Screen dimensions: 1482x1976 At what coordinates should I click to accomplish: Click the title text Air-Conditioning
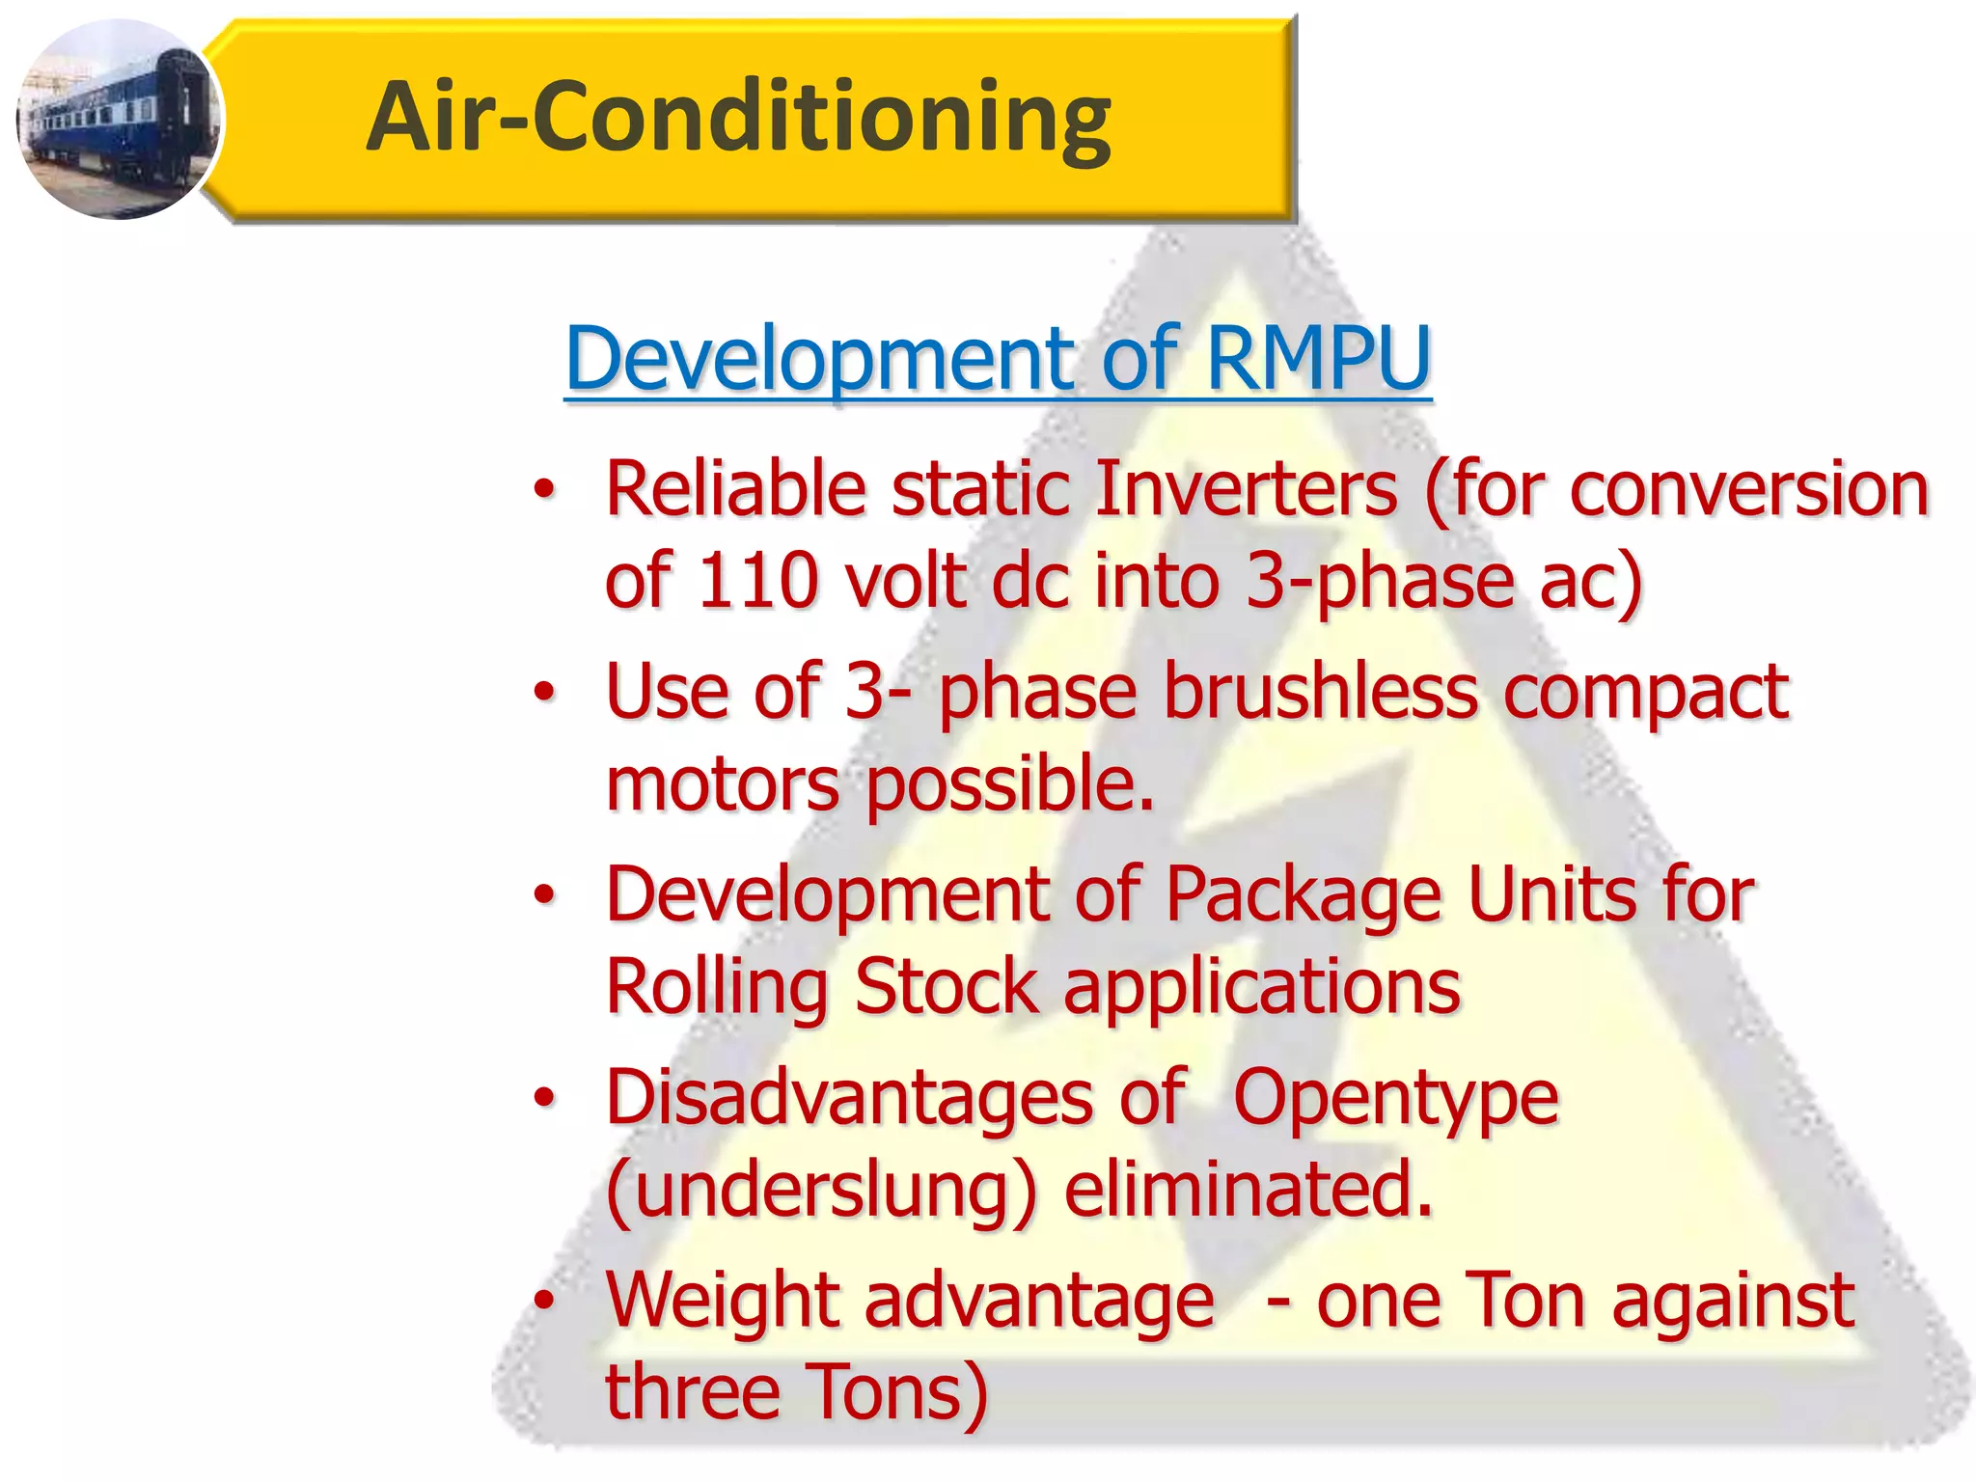738,118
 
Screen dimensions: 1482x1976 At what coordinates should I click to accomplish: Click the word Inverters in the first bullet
1247,489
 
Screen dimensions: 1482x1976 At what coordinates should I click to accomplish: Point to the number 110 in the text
758,581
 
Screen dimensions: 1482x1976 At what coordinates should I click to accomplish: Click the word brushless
1321,691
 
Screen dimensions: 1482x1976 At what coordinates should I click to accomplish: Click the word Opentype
1395,1098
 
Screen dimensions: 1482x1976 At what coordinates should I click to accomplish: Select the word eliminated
1249,1190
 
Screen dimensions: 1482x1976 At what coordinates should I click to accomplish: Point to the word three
692,1392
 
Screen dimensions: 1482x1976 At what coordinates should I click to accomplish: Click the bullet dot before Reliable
545,490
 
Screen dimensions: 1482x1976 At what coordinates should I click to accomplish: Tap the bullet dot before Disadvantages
545,1099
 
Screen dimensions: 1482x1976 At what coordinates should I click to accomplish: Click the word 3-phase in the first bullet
1380,581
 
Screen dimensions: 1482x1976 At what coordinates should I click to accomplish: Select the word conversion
1748,489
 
